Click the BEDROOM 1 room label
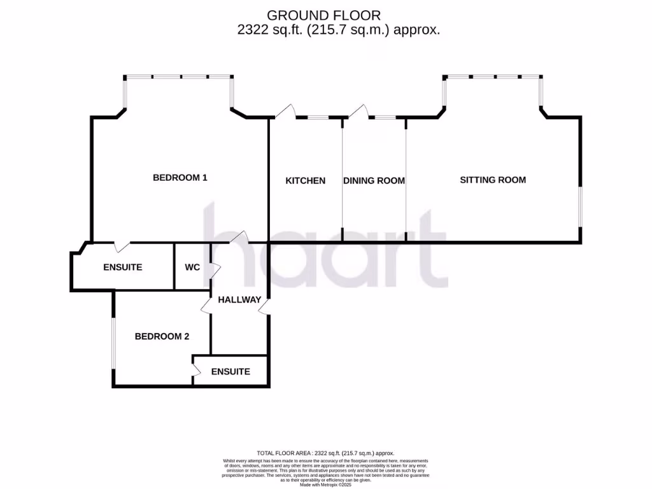click(x=180, y=178)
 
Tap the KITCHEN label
click(x=305, y=181)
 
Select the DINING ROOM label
click(x=374, y=181)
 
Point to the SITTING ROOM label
click(x=493, y=180)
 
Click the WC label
click(x=192, y=267)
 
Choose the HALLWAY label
click(x=239, y=300)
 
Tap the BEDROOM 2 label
click(x=162, y=337)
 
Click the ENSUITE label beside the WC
click(x=122, y=267)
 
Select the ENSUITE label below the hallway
click(x=230, y=372)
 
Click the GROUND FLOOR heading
click(x=325, y=15)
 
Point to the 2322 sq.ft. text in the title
click(x=257, y=29)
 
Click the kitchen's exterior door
click(x=285, y=112)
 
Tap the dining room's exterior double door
click(x=357, y=112)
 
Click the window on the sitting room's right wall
click(x=580, y=206)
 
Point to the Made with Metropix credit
click(x=325, y=485)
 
